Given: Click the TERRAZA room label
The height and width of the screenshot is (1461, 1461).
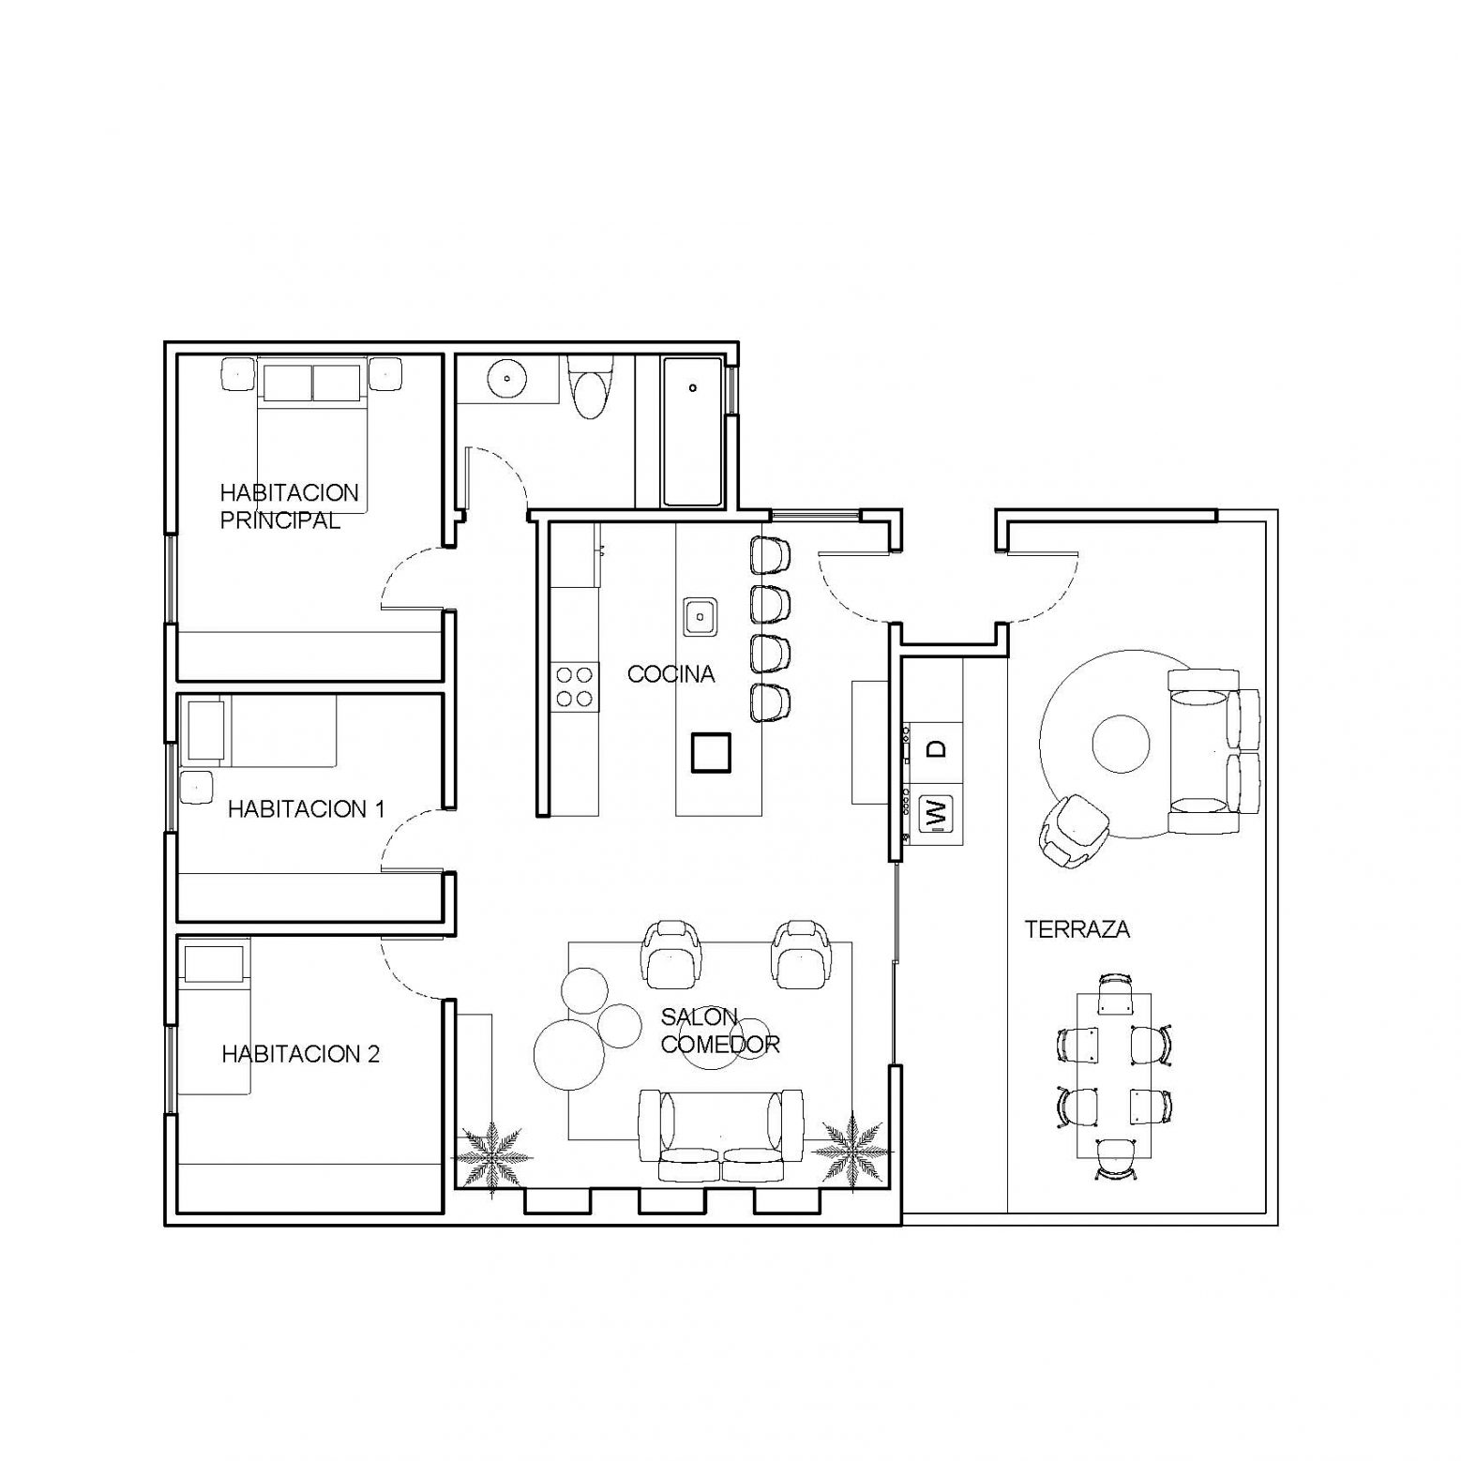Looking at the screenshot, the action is (x=1077, y=929).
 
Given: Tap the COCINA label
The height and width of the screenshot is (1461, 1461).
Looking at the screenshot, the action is (x=670, y=673).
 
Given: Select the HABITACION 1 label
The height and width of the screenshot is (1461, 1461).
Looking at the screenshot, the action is (x=306, y=808).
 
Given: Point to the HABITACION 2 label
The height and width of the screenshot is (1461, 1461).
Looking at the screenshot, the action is (x=300, y=1054).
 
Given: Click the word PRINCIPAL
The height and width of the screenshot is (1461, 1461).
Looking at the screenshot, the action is (x=279, y=520).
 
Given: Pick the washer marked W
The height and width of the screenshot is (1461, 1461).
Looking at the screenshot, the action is (x=935, y=813).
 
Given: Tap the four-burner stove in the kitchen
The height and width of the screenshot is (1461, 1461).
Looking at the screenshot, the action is (x=575, y=685).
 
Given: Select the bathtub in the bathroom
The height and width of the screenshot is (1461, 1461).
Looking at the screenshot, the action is (x=692, y=431).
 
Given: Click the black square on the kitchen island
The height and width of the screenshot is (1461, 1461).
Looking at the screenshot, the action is (x=711, y=752).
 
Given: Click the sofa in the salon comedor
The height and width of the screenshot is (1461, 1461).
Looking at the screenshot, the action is (x=721, y=1136).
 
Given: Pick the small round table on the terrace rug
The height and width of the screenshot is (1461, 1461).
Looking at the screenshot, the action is (x=1121, y=745).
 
